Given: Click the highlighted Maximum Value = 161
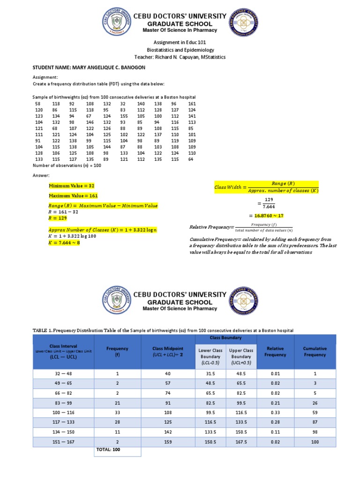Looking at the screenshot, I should tap(73, 195).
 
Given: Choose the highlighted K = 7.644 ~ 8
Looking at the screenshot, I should tap(65, 242).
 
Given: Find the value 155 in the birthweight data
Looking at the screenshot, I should tap(124, 116).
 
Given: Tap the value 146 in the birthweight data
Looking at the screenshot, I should tap(90, 122).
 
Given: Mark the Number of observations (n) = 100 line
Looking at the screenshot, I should tap(67, 165).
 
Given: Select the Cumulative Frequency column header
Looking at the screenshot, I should tap(315, 352).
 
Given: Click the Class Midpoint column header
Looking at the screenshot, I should tap(167, 352).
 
